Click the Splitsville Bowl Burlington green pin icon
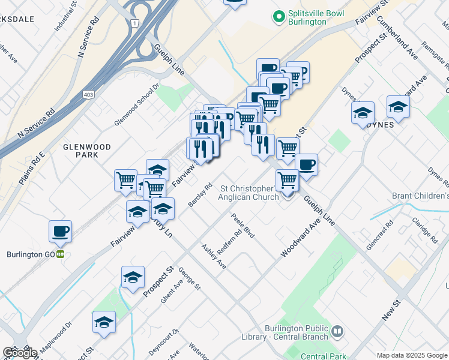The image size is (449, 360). pyautogui.click(x=279, y=16)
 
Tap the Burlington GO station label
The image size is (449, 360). pyautogui.click(x=31, y=254)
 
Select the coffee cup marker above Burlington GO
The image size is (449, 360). pyautogui.click(x=60, y=232)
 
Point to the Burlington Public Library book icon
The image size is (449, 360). pyautogui.click(x=338, y=331)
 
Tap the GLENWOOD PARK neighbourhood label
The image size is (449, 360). pyautogui.click(x=87, y=151)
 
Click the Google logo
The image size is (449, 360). pyautogui.click(x=19, y=353)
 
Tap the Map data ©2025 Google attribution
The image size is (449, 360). pyautogui.click(x=412, y=355)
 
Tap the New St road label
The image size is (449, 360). pyautogui.click(x=391, y=313)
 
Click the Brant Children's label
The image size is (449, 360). pyautogui.click(x=420, y=196)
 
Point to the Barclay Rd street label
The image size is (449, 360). pyautogui.click(x=200, y=196)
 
